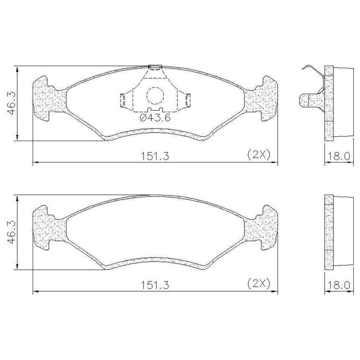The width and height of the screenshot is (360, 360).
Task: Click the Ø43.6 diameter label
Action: coord(155,118)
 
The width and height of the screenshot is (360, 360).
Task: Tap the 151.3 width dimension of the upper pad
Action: coord(154,156)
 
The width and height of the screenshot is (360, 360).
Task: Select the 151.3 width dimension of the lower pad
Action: coord(154,285)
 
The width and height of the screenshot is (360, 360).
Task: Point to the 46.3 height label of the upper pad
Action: coord(11,103)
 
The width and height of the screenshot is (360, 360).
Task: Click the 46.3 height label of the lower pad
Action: coord(11,232)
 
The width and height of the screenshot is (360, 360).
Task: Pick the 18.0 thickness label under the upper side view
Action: coord(339,156)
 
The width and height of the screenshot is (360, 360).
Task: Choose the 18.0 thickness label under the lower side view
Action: coord(339,285)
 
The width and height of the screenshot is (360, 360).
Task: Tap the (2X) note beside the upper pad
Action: coord(259,155)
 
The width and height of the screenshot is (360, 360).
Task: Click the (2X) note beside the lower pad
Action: coord(259,284)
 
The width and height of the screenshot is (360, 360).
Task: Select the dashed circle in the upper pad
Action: coord(155,87)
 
